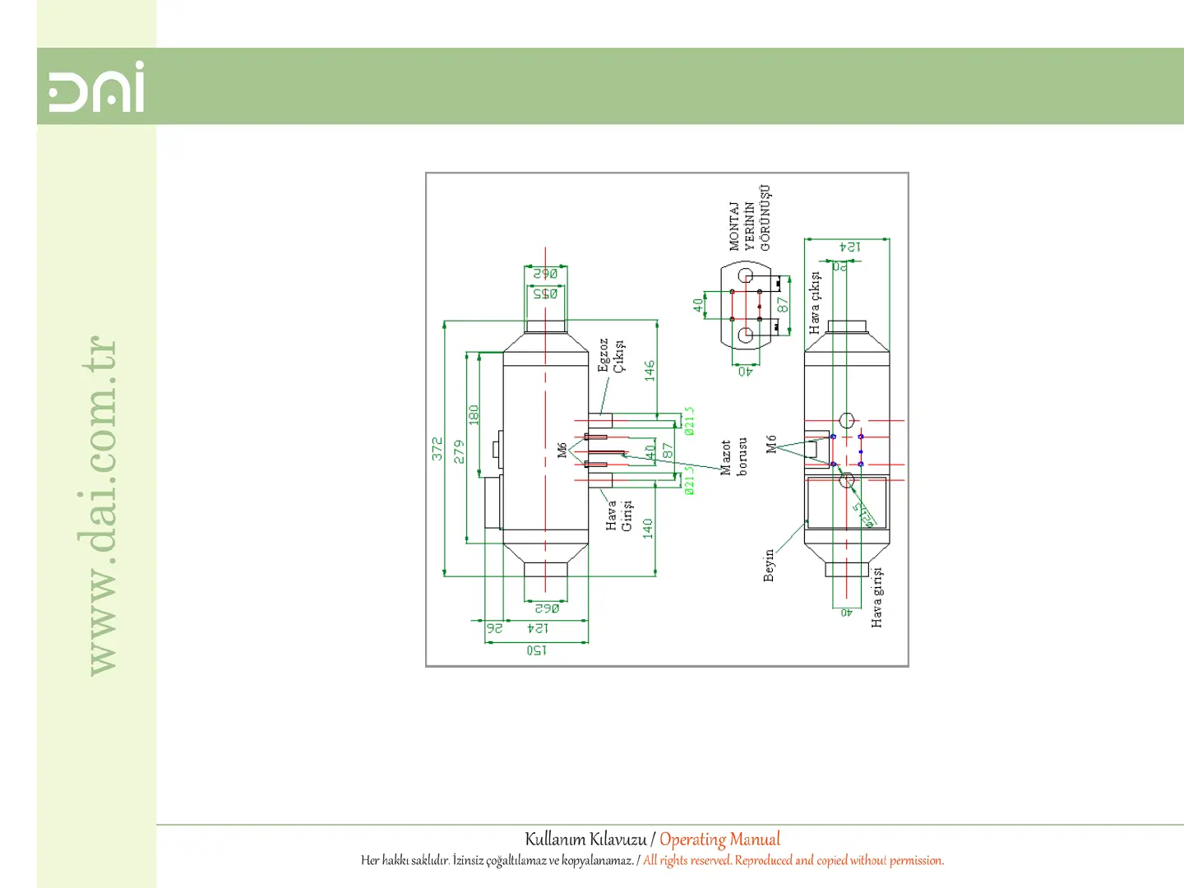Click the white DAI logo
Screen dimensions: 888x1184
click(96, 86)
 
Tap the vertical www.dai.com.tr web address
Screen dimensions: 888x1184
click(100, 506)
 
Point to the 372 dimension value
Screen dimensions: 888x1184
click(437, 448)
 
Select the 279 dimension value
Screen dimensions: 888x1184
click(459, 451)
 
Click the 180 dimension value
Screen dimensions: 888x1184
click(474, 414)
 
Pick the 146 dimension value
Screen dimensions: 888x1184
click(650, 370)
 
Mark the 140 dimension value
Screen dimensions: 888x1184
click(648, 528)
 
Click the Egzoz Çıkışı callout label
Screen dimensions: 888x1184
click(611, 355)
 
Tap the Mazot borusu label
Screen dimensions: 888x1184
click(733, 457)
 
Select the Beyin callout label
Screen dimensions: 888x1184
click(769, 566)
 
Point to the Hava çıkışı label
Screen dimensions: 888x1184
click(814, 303)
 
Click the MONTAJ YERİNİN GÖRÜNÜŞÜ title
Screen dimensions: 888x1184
click(749, 219)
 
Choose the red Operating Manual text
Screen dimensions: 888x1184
click(719, 839)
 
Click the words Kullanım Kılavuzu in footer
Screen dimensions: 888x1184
click(585, 839)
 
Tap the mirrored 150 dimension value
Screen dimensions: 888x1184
click(536, 650)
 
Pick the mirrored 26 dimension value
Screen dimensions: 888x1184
click(494, 628)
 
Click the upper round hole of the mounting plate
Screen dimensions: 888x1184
click(746, 275)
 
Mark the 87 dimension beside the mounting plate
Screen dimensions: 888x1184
click(783, 304)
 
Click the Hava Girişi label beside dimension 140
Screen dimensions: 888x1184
click(618, 515)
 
